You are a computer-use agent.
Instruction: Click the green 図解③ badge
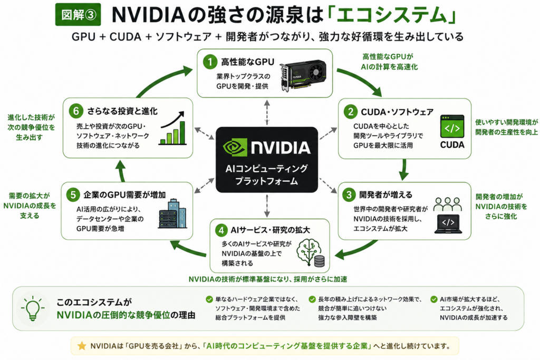(78, 14)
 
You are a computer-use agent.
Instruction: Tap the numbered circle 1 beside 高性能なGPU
(210, 62)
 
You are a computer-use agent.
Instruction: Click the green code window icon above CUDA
(452, 127)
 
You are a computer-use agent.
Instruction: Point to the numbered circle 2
(350, 112)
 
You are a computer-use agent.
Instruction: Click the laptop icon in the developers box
(448, 223)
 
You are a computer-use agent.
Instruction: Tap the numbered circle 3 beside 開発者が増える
(349, 195)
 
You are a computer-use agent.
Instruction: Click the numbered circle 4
(221, 230)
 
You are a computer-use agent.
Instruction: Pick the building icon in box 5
(172, 213)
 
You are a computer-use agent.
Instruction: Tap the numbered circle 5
(73, 195)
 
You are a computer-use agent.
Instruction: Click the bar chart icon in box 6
(172, 128)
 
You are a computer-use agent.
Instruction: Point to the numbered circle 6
(76, 111)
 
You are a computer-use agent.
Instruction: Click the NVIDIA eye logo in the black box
(235, 147)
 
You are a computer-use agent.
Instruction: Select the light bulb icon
(33, 308)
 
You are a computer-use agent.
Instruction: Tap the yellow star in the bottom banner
(82, 346)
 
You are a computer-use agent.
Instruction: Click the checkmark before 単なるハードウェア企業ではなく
(209, 299)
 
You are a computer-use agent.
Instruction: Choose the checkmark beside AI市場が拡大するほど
(434, 299)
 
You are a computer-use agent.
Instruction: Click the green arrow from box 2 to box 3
(404, 169)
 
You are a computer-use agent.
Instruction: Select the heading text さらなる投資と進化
(122, 111)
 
